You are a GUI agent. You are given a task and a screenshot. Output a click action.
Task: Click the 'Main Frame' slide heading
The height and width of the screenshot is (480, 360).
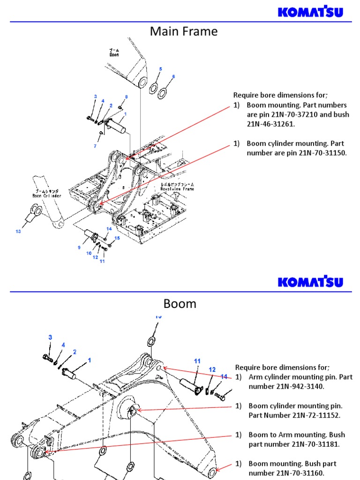(183, 32)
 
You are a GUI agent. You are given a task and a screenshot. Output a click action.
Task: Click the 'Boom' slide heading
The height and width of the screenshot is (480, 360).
(180, 304)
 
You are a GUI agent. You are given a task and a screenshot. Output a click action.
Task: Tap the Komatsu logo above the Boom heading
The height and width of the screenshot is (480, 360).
(310, 282)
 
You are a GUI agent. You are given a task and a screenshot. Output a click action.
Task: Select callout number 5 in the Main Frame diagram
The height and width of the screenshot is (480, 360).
(160, 69)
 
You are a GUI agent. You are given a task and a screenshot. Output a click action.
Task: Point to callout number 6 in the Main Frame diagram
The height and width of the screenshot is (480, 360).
(173, 76)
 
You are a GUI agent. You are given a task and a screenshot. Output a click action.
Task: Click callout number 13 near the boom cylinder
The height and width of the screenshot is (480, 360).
(18, 231)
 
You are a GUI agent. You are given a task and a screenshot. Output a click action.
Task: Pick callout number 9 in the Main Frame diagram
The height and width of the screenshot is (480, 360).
(79, 247)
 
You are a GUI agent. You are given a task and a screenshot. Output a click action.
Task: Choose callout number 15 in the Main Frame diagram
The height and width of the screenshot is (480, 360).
(117, 238)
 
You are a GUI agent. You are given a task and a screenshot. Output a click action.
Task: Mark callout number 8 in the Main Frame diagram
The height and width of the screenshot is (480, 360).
(126, 97)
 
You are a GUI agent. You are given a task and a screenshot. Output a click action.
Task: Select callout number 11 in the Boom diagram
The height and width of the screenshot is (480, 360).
(197, 361)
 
